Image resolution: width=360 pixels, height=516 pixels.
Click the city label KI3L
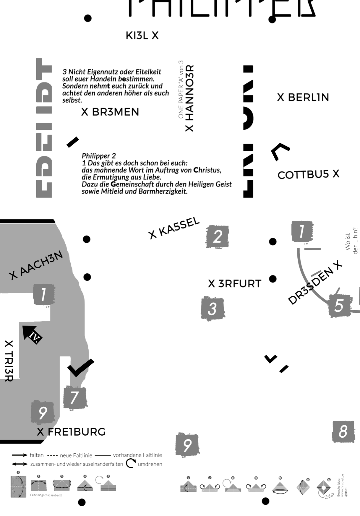pyautogui.click(x=142, y=36)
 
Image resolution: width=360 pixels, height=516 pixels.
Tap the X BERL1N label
pyautogui.click(x=303, y=98)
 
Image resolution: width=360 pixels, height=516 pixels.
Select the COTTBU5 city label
pyautogui.click(x=308, y=175)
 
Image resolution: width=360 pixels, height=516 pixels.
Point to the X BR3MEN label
pyautogui.click(x=110, y=112)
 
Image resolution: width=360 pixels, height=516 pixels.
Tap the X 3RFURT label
pyautogui.click(x=235, y=284)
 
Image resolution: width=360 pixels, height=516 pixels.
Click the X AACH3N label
pyautogui.click(x=36, y=265)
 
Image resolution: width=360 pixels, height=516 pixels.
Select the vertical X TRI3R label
pyautogui.click(x=9, y=361)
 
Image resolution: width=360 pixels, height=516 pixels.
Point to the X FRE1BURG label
pyautogui.click(x=71, y=432)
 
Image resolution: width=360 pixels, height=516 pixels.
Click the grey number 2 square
pyautogui.click(x=217, y=237)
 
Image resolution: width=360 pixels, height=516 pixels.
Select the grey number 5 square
pyautogui.click(x=339, y=306)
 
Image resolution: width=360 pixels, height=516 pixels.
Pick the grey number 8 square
pyautogui.click(x=343, y=431)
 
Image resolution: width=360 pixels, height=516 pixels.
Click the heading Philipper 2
pyautogui.click(x=99, y=156)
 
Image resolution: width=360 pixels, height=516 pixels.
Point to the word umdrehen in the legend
pyautogui.click(x=150, y=464)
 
